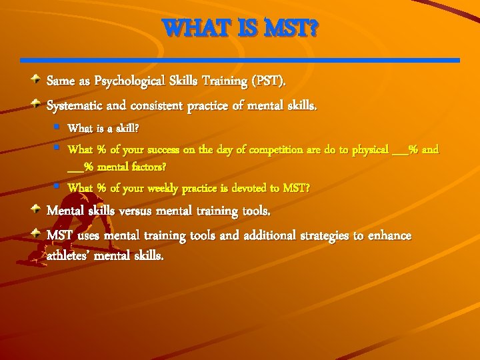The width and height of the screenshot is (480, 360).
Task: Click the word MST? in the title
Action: (x=293, y=29)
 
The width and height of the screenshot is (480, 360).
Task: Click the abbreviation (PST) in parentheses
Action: (x=268, y=81)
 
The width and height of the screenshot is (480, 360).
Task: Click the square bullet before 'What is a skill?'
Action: (x=59, y=126)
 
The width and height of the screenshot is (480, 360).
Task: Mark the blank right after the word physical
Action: (x=400, y=150)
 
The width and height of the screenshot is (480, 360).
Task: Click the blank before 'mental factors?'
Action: (x=75, y=165)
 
